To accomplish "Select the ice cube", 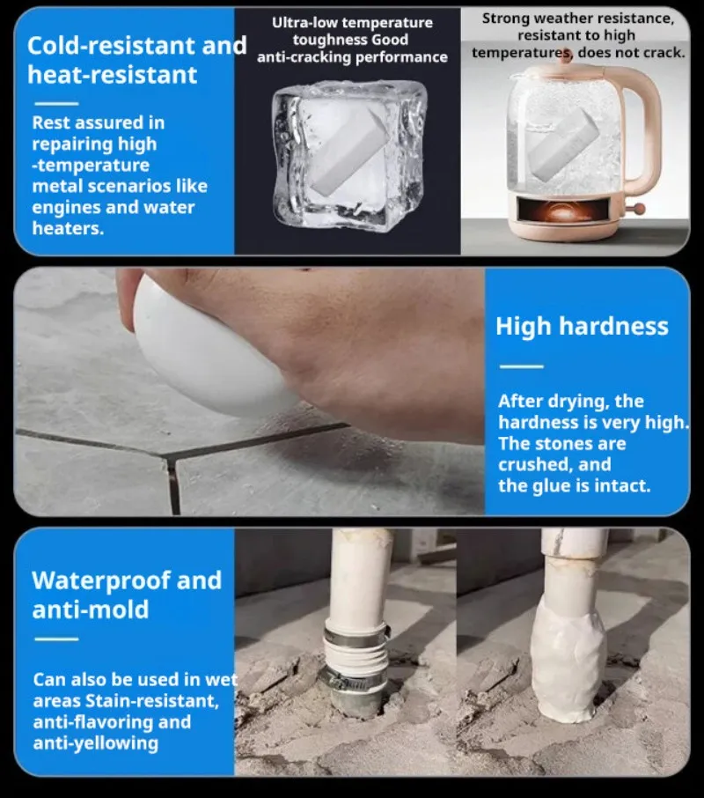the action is click(x=349, y=156).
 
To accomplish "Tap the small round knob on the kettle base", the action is click(x=640, y=208).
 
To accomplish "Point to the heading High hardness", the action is click(x=582, y=326).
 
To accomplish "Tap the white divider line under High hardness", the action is click(x=521, y=366).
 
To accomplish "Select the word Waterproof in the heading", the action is click(x=101, y=580).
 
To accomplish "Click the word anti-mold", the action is click(x=90, y=610).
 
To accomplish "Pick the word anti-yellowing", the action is click(x=96, y=743).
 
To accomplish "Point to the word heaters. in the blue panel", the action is click(x=68, y=228).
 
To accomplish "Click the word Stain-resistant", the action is click(x=152, y=701).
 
